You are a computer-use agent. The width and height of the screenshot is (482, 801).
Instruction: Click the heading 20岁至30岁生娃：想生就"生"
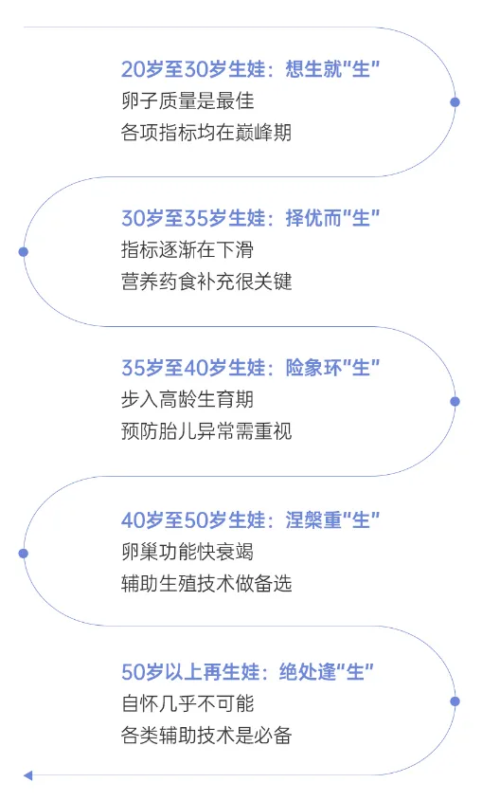point(250,69)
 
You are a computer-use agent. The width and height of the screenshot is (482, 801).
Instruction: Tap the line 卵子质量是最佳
point(187,100)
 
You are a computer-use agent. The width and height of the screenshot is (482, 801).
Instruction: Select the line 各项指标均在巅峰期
point(206,133)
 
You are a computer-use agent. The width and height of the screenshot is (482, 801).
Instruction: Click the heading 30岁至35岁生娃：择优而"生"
point(250,219)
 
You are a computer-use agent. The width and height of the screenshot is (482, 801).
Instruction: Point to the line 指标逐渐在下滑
point(187,250)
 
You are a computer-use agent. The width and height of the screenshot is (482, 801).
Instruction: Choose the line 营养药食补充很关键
point(206,282)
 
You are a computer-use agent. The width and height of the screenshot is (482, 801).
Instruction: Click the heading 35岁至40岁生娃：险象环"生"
point(250,369)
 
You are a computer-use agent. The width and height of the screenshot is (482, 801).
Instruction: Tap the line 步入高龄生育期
point(187,400)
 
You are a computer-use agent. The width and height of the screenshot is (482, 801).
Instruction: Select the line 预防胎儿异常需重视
point(206,431)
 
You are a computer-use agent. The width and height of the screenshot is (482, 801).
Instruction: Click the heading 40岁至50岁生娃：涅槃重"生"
point(250,520)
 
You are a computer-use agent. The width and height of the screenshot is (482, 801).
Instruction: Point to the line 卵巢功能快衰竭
point(187,553)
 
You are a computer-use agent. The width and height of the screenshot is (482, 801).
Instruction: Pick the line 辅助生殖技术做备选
point(206,584)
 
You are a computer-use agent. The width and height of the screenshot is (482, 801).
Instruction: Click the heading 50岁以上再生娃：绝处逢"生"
point(247,672)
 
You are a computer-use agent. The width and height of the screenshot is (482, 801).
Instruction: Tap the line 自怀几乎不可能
point(187,704)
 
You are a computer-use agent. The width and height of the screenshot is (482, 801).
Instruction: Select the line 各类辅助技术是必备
point(206,736)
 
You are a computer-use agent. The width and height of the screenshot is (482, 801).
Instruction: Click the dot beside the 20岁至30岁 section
point(455,102)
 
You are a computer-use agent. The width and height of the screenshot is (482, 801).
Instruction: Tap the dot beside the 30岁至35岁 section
point(24,252)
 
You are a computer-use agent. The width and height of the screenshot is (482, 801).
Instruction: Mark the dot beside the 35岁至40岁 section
point(455,402)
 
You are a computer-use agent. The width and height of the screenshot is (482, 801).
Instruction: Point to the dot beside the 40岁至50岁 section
point(24,554)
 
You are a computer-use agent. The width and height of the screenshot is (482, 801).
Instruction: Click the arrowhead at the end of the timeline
point(28,776)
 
